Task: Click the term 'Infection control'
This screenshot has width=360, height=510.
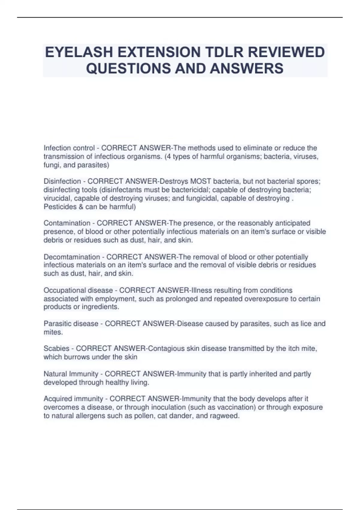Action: point(69,148)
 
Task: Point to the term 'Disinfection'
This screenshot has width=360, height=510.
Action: point(62,181)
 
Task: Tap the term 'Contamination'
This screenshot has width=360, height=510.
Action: point(67,223)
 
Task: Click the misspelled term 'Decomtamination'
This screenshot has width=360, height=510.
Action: point(72,257)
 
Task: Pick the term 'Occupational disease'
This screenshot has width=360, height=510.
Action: point(78,290)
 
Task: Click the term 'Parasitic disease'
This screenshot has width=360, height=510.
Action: point(71,324)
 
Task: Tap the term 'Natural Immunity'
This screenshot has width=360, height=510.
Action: point(71,374)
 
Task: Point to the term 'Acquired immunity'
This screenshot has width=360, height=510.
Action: point(73,399)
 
